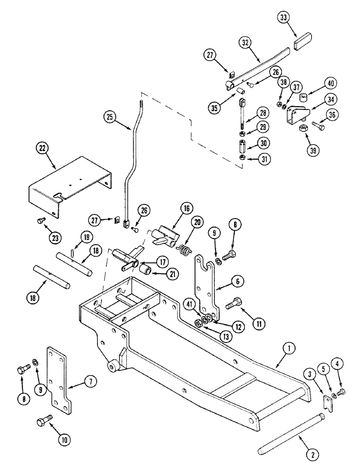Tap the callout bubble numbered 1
(289, 347)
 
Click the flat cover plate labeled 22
(70, 186)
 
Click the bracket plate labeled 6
(206, 284)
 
